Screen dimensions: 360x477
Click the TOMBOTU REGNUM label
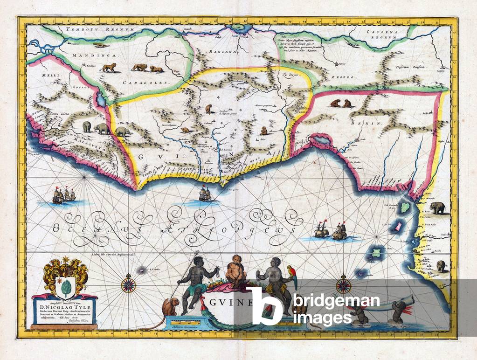pyautogui.click(x=94, y=29)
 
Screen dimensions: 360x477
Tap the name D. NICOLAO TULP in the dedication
pyautogui.click(x=65, y=307)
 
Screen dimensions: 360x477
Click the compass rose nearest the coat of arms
pyautogui.click(x=129, y=284)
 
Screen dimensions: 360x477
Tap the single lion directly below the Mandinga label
pyautogui.click(x=109, y=68)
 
